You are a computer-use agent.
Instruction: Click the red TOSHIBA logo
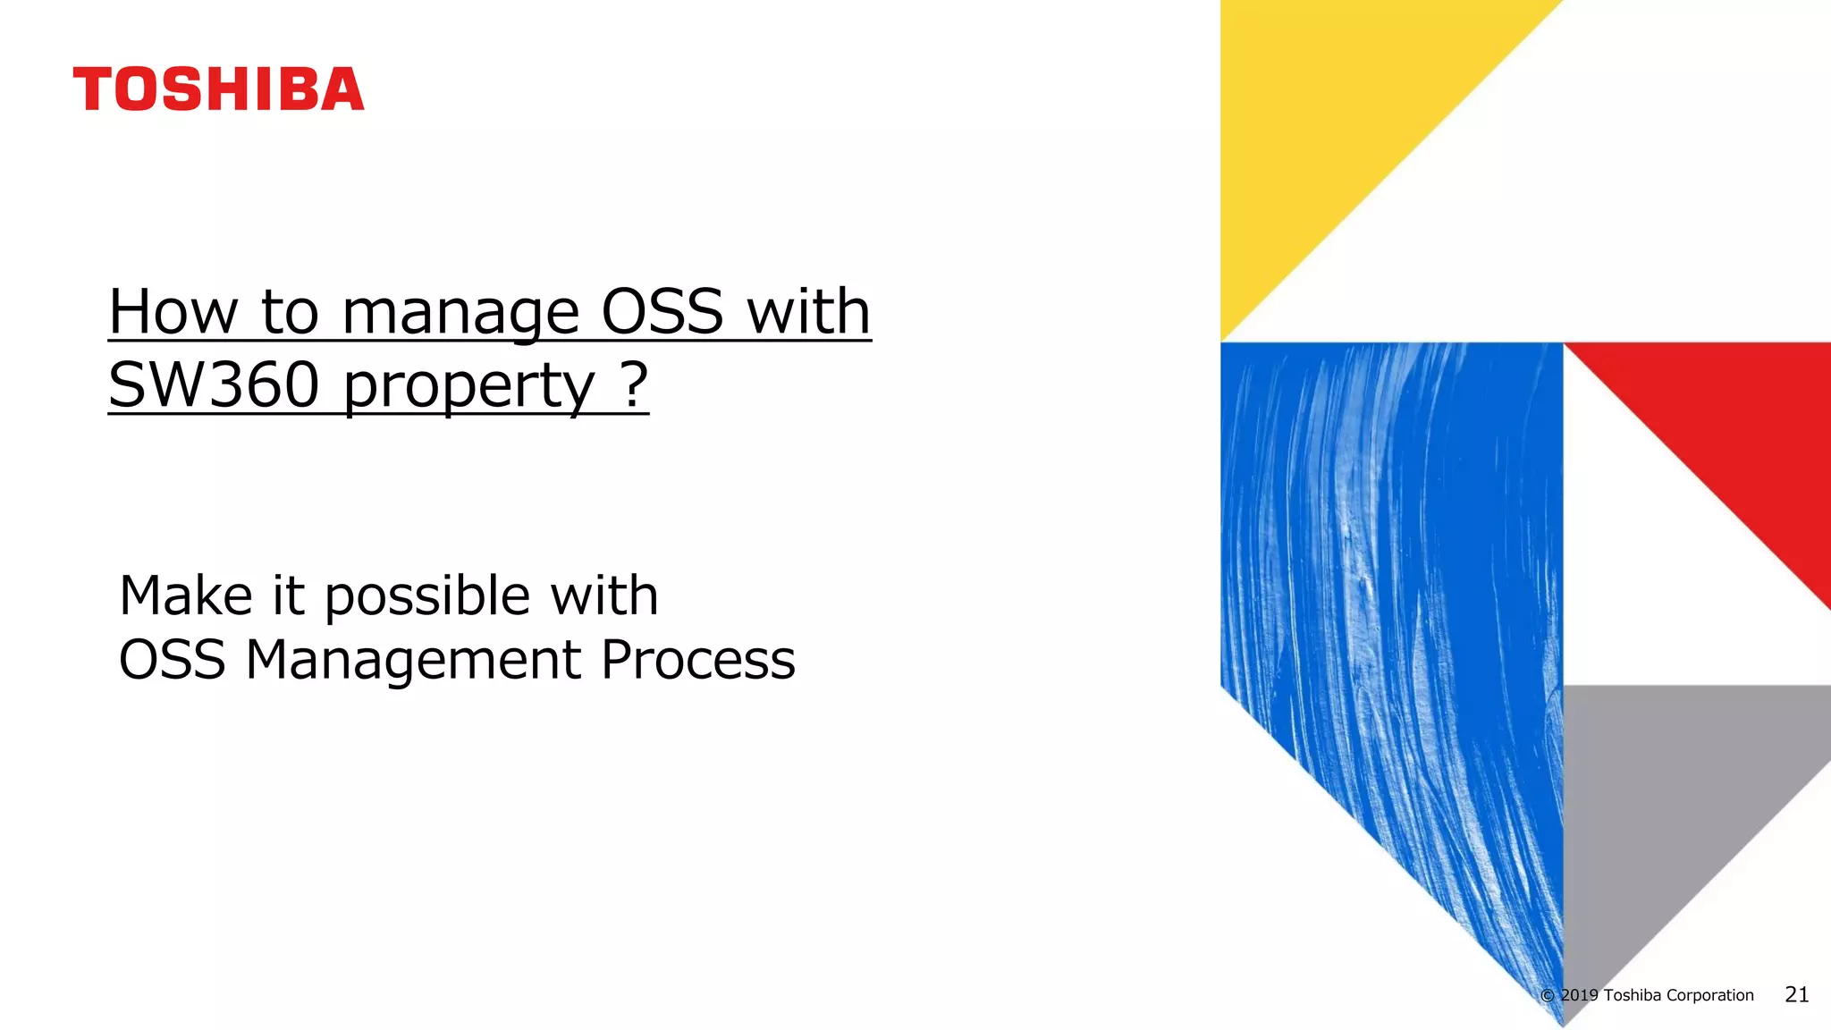point(218,89)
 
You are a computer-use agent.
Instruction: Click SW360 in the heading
point(214,385)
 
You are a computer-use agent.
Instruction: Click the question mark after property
point(633,384)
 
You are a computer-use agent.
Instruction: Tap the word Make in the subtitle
point(186,596)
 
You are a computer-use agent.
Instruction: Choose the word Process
point(697,661)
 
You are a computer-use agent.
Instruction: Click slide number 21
point(1796,995)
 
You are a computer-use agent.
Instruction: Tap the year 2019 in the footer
point(1580,996)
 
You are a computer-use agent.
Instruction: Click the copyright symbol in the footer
point(1548,996)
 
